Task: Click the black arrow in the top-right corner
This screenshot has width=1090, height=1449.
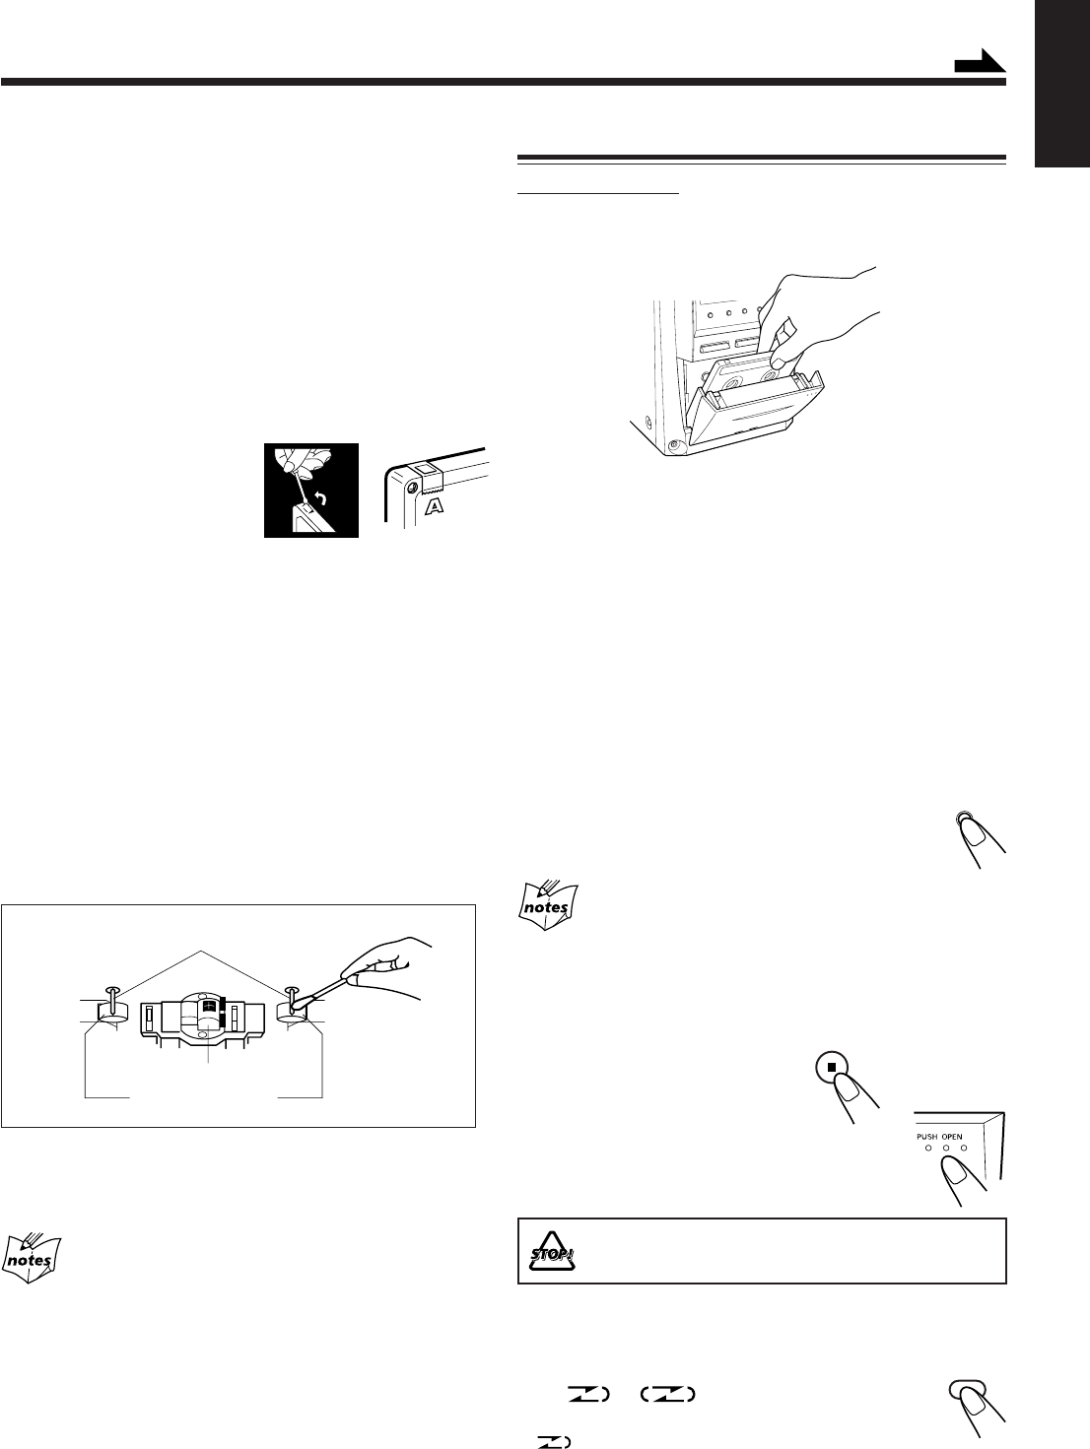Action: (x=983, y=65)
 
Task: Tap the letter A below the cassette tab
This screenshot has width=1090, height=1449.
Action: (x=431, y=506)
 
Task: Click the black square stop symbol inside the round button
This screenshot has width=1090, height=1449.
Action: (x=832, y=1066)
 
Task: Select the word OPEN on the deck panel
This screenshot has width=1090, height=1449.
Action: (x=950, y=1136)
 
